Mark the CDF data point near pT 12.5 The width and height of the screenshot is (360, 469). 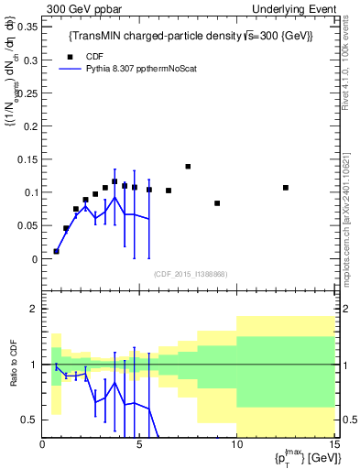(x=286, y=188)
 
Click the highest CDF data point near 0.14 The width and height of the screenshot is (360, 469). (x=188, y=167)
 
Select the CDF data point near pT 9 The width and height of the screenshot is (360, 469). (x=217, y=203)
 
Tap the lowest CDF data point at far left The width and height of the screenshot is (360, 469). (x=57, y=251)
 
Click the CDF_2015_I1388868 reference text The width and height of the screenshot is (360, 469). (x=190, y=274)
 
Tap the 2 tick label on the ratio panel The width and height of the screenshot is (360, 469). (x=34, y=309)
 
